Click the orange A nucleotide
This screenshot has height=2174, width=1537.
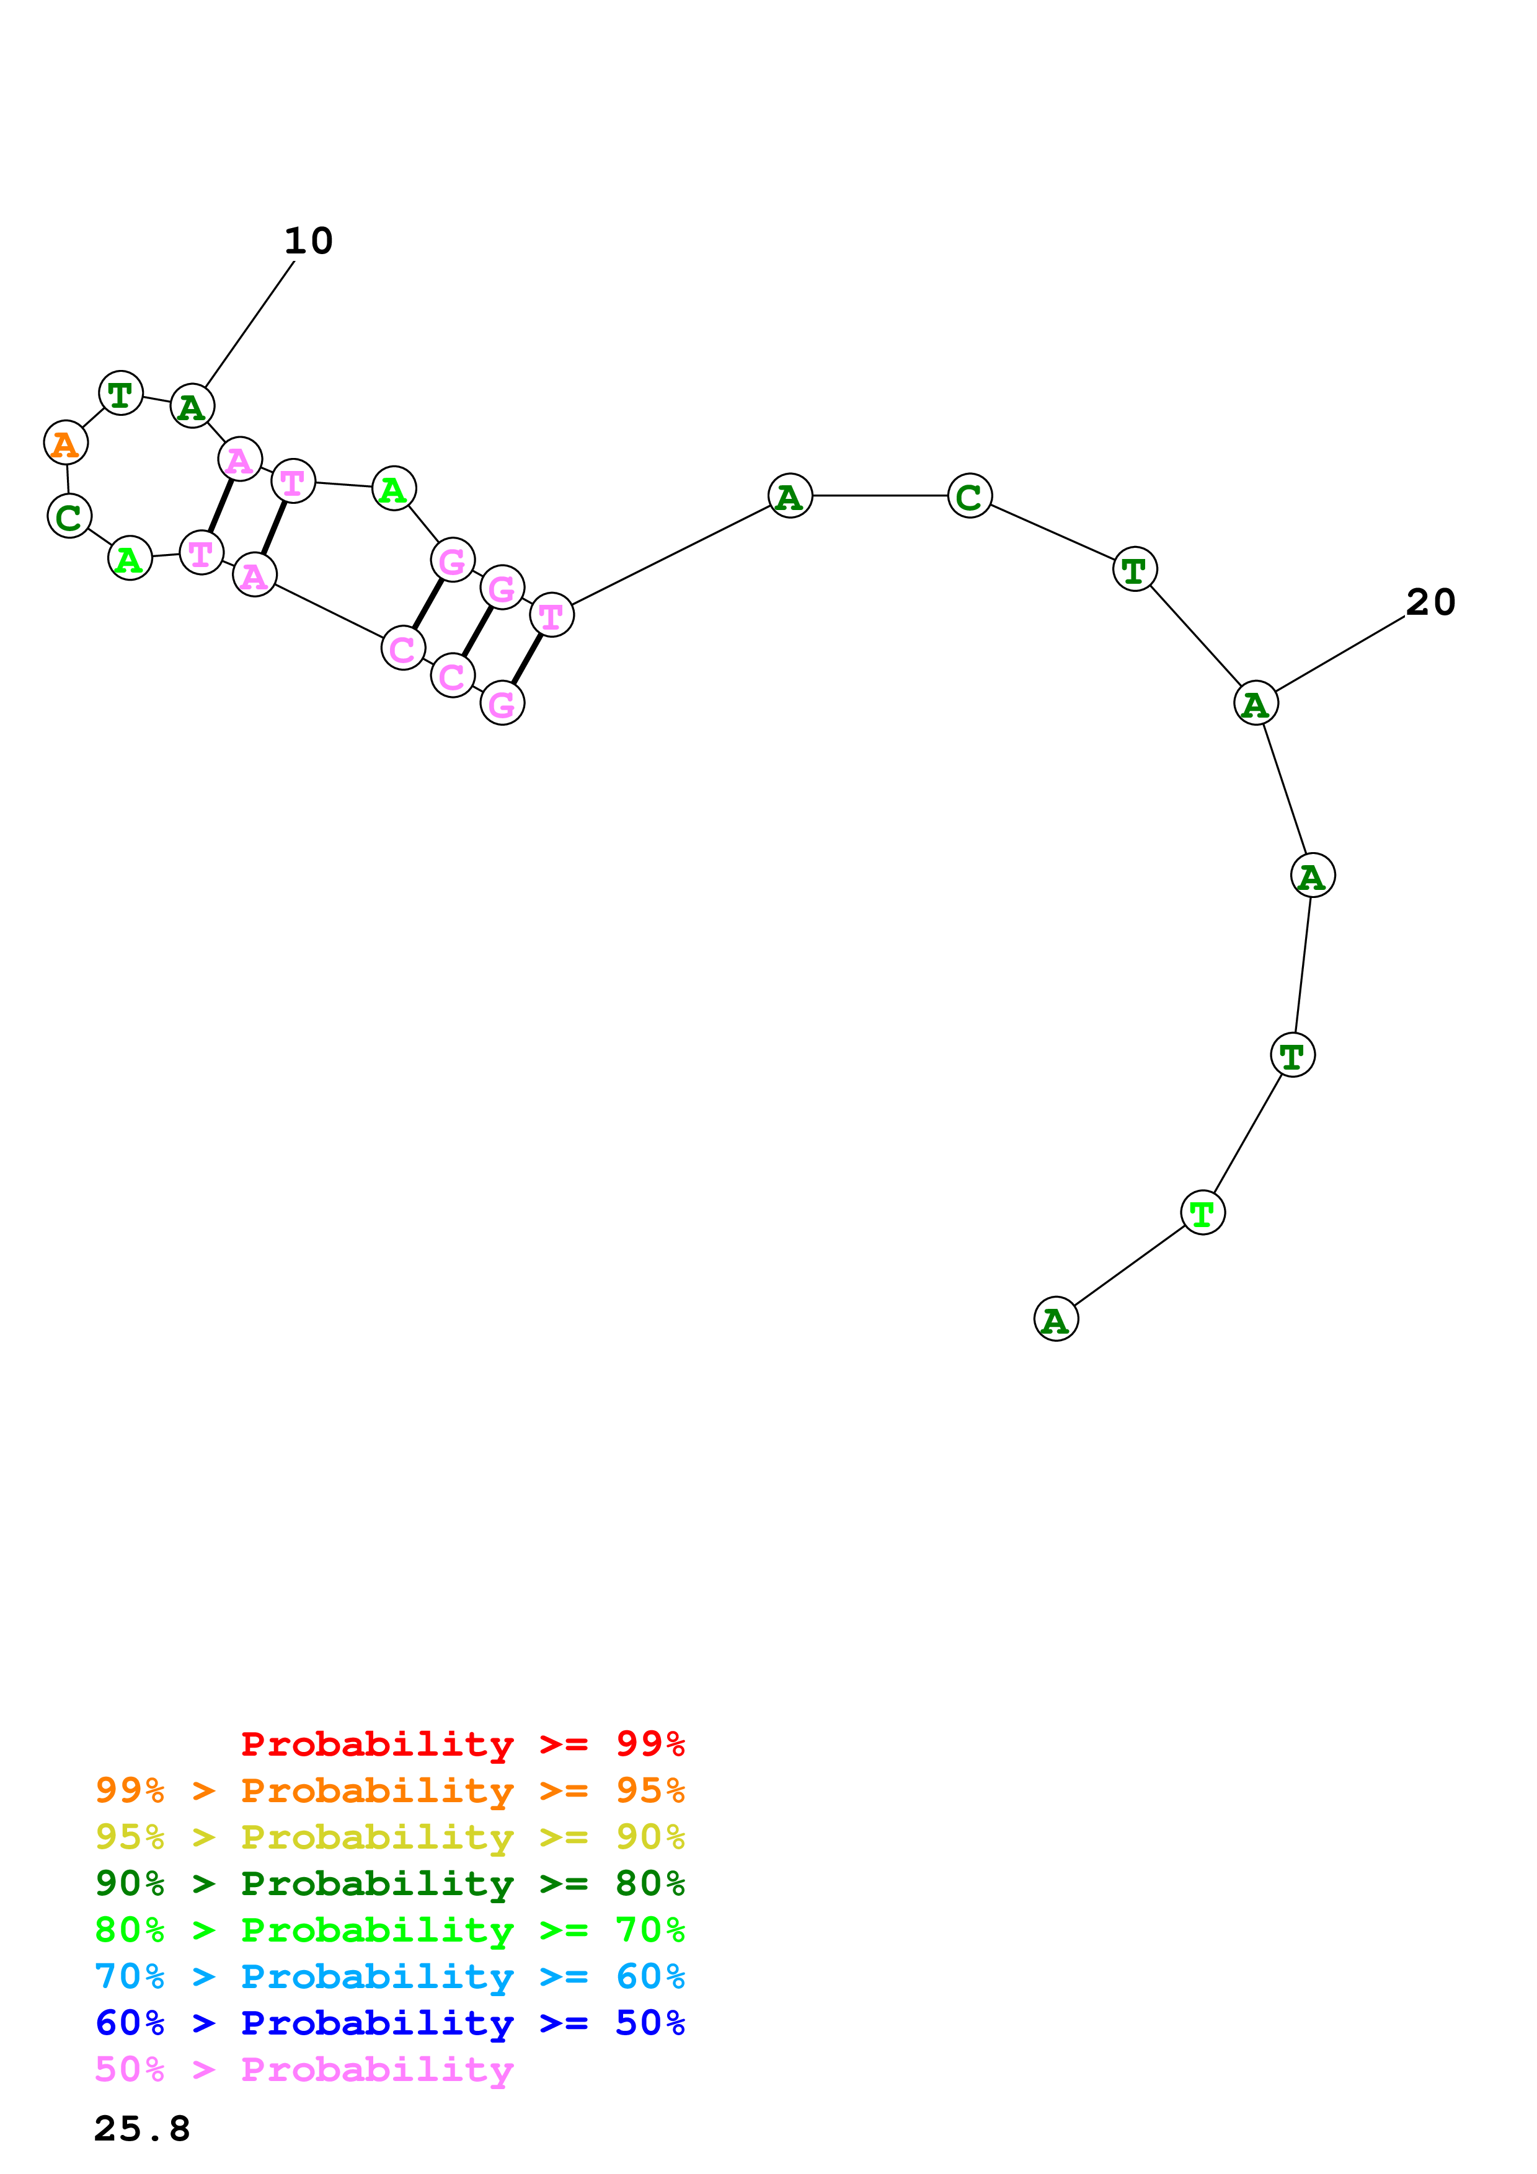click(65, 443)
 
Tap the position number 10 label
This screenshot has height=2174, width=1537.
click(309, 240)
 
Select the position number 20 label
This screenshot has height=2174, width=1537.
click(1430, 602)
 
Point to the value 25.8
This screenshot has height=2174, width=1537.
click(142, 2129)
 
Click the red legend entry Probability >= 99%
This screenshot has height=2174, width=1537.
click(462, 1743)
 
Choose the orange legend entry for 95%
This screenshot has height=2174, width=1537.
click(390, 1790)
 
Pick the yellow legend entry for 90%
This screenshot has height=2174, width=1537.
click(390, 1837)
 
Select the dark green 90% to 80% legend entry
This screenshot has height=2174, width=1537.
click(390, 1883)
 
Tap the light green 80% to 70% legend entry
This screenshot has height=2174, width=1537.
click(390, 1930)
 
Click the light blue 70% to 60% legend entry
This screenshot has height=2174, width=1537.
click(390, 1976)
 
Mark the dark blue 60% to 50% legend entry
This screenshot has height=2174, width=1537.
click(390, 2023)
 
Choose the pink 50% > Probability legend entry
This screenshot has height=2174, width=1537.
click(304, 2069)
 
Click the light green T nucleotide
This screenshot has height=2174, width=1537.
click(1203, 1213)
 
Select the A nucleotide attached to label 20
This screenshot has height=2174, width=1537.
click(1256, 703)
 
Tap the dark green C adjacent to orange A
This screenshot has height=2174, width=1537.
click(69, 517)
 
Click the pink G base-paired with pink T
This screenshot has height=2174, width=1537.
click(502, 703)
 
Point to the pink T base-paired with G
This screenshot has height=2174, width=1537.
click(551, 615)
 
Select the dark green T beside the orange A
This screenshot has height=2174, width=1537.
click(120, 393)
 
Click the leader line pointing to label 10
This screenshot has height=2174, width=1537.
click(249, 325)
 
